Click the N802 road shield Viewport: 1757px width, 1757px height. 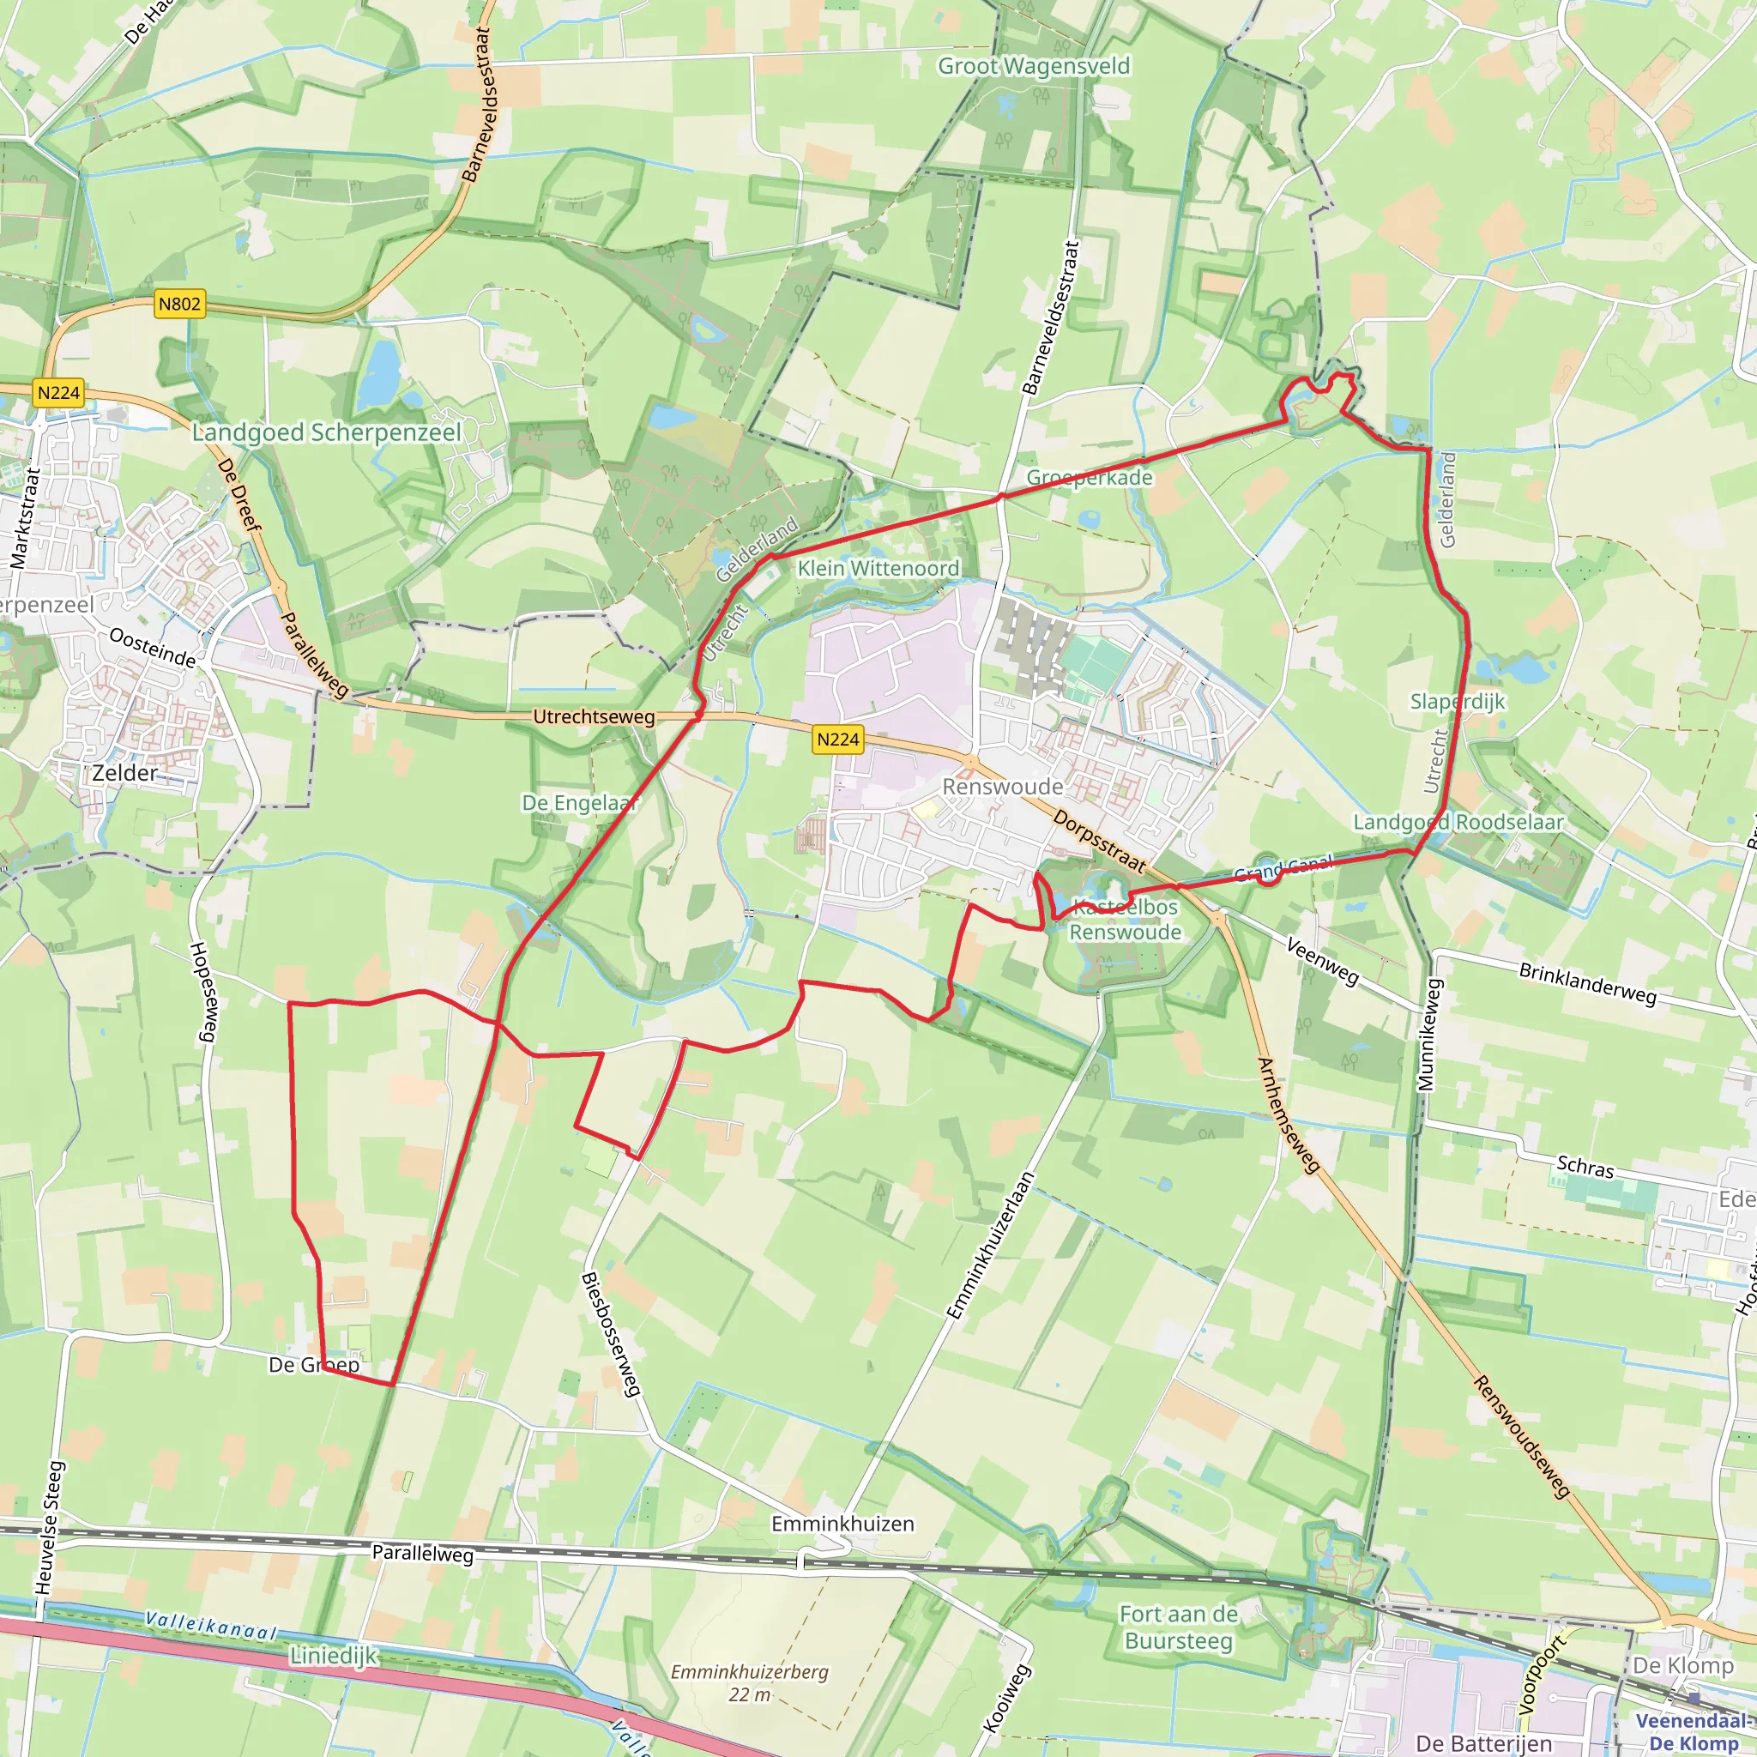point(178,304)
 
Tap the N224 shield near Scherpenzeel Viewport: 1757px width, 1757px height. point(59,393)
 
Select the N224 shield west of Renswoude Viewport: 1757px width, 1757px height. point(837,740)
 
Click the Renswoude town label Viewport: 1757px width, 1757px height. point(1002,787)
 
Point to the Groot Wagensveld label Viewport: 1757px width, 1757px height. point(1034,66)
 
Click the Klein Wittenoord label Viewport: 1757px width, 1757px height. point(878,569)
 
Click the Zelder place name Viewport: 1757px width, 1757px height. point(125,773)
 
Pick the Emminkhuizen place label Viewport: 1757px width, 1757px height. point(842,1524)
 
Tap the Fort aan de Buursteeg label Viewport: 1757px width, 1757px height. point(1179,1627)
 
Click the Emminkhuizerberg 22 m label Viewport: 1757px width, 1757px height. point(749,1682)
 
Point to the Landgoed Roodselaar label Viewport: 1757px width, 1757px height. point(1458,822)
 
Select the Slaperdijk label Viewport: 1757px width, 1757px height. point(1457,701)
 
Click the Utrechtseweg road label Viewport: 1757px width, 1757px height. point(594,716)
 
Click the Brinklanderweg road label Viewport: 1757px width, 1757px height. point(1588,984)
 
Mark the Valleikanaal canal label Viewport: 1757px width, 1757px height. point(211,1625)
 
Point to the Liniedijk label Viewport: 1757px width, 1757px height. point(333,1656)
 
